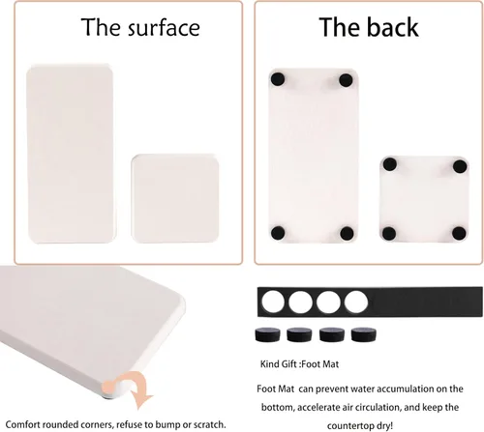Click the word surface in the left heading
coord(165,28)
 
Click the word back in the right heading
coord(393,27)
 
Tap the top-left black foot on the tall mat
coord(278,79)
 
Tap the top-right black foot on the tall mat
coord(346,80)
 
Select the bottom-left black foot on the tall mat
coord(278,233)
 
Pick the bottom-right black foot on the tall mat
coord(347,233)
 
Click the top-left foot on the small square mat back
coord(390,164)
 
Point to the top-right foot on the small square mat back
coord(460,166)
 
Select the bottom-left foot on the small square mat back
coord(389,234)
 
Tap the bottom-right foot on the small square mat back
coord(459,234)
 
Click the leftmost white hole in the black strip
coord(273,302)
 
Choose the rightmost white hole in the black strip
coord(356,302)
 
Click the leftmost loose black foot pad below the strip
coord(268,334)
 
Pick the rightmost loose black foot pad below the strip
coord(364,334)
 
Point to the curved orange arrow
coord(139,386)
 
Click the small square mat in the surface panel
coord(175,198)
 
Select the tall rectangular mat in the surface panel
coord(70,154)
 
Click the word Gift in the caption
coord(288,364)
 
